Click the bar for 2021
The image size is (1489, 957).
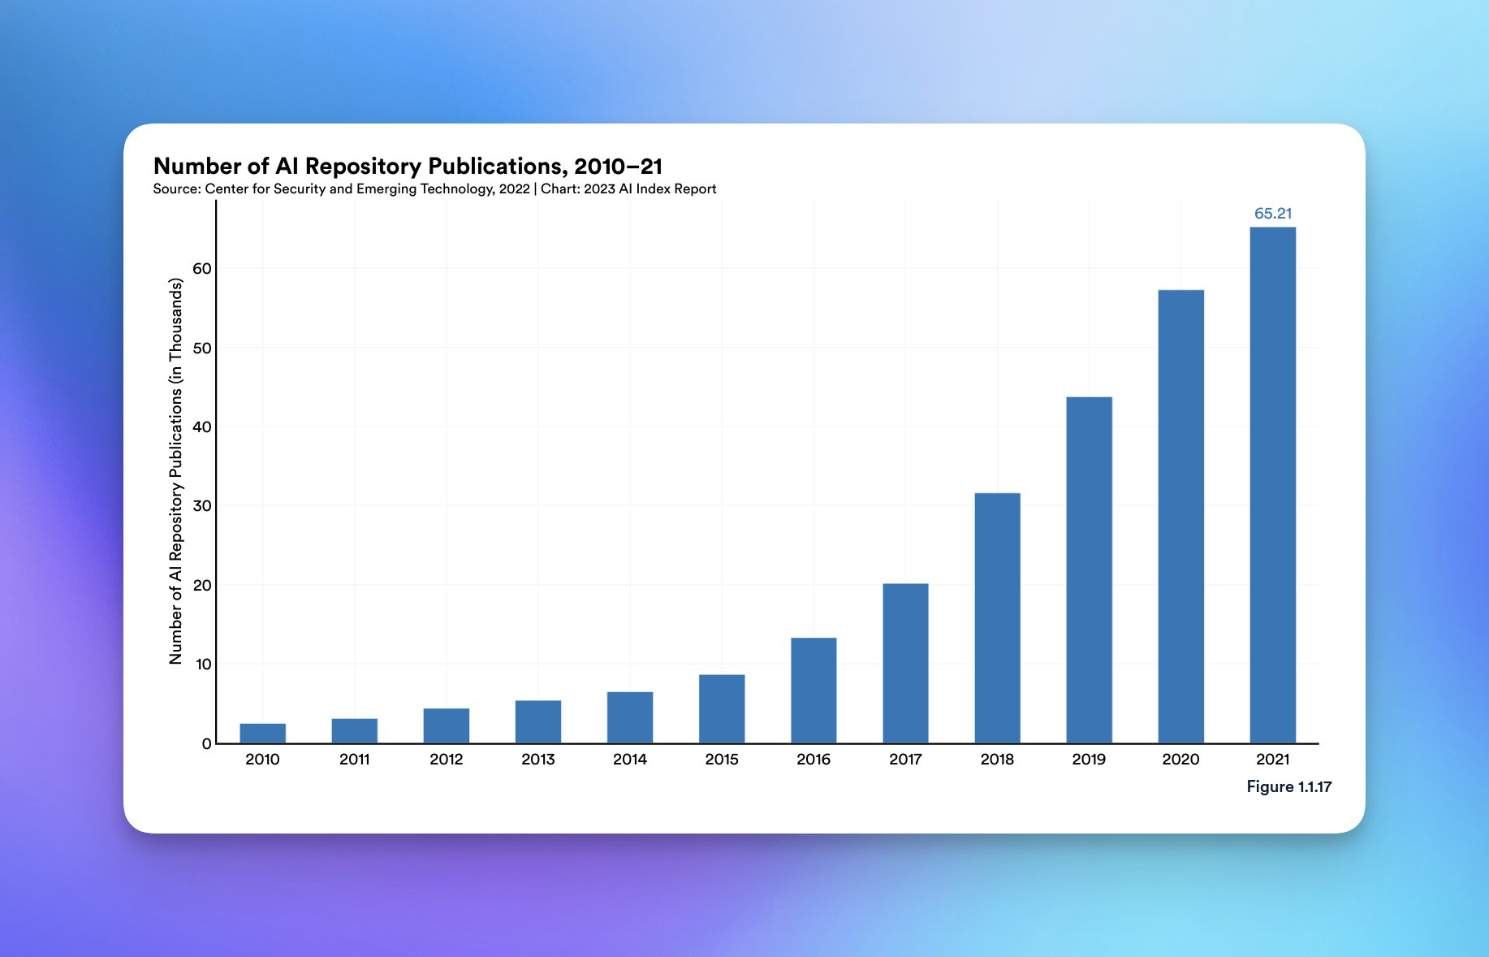pos(1272,485)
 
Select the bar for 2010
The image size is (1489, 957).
pos(262,733)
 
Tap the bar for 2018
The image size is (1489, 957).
pos(997,617)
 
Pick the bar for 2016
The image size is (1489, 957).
pos(814,690)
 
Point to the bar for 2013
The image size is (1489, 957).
pos(537,721)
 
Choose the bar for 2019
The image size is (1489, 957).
pos(1089,569)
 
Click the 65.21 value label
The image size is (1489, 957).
pos(1272,214)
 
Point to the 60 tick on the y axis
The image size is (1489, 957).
pos(201,269)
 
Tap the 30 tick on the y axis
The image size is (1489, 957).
pos(201,506)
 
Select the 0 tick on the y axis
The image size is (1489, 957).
pos(206,743)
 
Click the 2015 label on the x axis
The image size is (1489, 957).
pos(721,760)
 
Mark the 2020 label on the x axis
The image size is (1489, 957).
pos(1180,760)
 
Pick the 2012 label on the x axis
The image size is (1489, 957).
pos(446,760)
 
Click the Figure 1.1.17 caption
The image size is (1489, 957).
pos(1288,786)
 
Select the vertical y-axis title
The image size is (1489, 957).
pos(175,471)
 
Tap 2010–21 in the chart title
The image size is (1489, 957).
pos(618,167)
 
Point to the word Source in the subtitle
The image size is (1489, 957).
pos(176,189)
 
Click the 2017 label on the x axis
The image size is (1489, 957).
pos(905,760)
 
